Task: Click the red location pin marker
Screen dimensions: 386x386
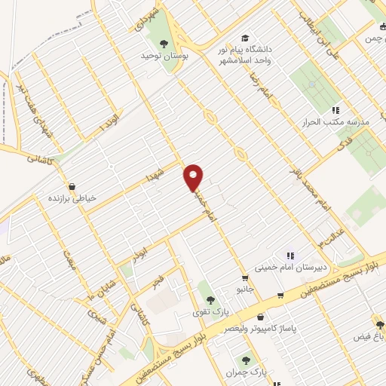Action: click(195, 176)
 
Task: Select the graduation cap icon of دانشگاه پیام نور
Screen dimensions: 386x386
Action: click(244, 38)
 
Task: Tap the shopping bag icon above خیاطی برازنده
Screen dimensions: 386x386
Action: click(72, 185)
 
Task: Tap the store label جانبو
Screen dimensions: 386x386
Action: click(241, 288)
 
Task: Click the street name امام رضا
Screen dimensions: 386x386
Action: click(263, 94)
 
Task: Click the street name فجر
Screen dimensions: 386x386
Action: click(157, 283)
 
